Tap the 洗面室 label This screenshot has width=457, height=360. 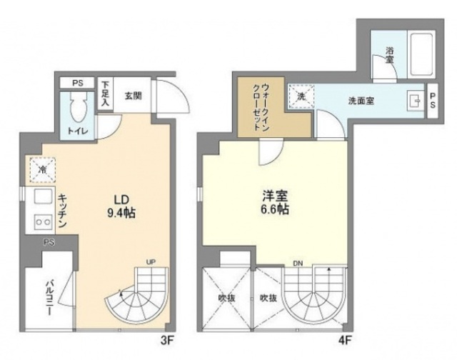click(x=361, y=101)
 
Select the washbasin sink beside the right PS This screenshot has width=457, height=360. click(x=413, y=99)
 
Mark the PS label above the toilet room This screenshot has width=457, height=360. click(x=76, y=82)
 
